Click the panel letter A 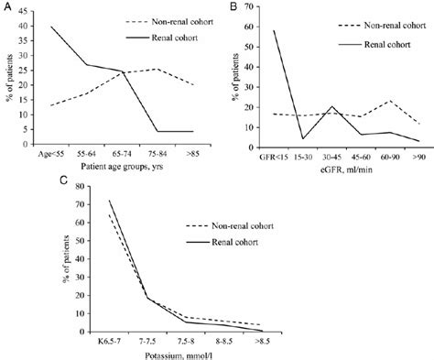[6, 7]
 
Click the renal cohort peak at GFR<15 [273, 31]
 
